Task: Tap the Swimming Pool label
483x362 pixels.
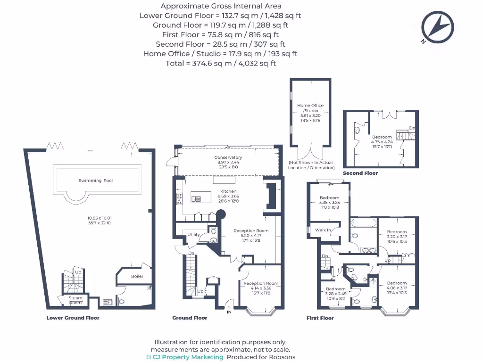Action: pyautogui.click(x=96, y=181)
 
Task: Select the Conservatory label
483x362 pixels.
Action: pyautogui.click(x=228, y=157)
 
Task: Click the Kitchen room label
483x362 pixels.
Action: pyautogui.click(x=228, y=191)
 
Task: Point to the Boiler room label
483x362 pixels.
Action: pyautogui.click(x=137, y=276)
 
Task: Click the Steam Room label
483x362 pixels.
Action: pyautogui.click(x=75, y=300)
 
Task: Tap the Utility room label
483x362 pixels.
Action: pyautogui.click(x=194, y=234)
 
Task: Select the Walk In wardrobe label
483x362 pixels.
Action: pyautogui.click(x=323, y=230)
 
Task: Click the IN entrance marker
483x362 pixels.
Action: pyautogui.click(x=229, y=312)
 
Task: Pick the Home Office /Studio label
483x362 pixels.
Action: pyautogui.click(x=310, y=108)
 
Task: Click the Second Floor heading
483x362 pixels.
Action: pyautogui.click(x=360, y=173)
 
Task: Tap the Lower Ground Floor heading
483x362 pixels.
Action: pyautogui.click(x=73, y=318)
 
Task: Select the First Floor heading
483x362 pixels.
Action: pyautogui.click(x=320, y=318)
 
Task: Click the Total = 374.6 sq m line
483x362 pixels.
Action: pyautogui.click(x=220, y=63)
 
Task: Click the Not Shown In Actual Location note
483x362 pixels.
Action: pyautogui.click(x=311, y=165)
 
